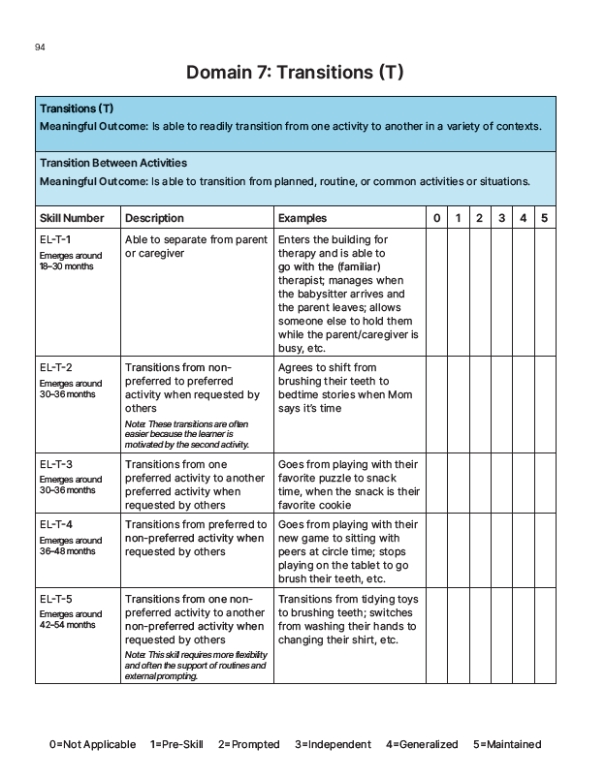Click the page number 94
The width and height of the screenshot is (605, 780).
[39, 47]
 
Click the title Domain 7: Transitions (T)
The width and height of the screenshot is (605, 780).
[294, 74]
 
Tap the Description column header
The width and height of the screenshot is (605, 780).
[154, 218]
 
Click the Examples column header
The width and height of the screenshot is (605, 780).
[302, 218]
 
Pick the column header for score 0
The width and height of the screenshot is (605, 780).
[437, 218]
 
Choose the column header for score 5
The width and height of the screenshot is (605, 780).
[545, 218]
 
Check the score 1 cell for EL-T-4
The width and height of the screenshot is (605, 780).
[458, 551]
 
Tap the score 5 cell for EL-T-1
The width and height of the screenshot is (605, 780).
[545, 294]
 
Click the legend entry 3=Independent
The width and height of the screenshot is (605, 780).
[333, 744]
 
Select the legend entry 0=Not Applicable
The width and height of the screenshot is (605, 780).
[93, 744]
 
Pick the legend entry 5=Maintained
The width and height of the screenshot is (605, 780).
[507, 744]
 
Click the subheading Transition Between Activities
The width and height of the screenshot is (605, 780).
[113, 163]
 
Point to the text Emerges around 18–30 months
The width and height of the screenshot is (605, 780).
[70, 261]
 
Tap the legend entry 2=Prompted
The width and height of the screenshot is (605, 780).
[248, 744]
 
